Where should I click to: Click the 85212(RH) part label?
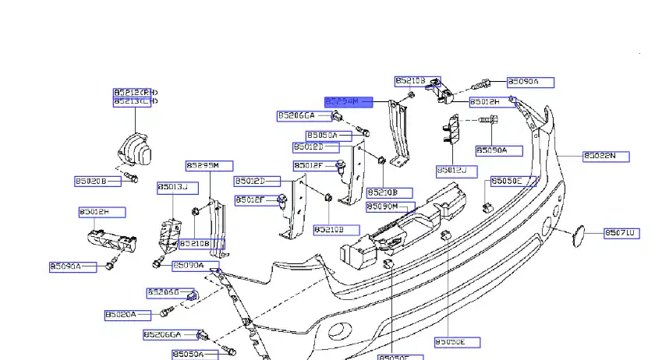(x=135, y=92)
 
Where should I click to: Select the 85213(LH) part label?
(x=135, y=101)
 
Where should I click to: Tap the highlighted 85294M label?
(x=347, y=101)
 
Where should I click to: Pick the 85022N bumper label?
(x=605, y=156)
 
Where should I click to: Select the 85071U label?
(x=621, y=232)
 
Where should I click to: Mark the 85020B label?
(x=97, y=182)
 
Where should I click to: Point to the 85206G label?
(x=165, y=292)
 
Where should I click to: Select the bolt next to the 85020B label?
(x=132, y=179)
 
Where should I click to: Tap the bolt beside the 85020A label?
(x=166, y=313)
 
